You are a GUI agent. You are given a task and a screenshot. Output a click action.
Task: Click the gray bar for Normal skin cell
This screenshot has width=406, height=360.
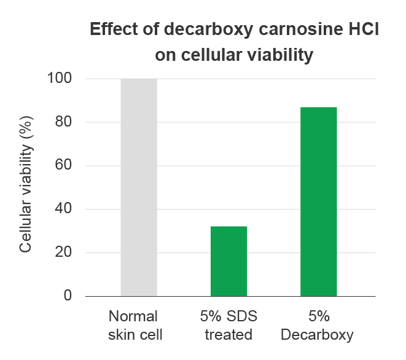click(x=139, y=187)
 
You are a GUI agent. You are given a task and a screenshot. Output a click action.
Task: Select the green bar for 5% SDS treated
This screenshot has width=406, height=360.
click(x=228, y=261)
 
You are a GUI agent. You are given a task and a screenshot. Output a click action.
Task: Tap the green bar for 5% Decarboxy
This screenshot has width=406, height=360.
click(x=319, y=202)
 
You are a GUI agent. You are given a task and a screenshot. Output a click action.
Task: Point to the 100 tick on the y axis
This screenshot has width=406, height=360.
click(x=60, y=78)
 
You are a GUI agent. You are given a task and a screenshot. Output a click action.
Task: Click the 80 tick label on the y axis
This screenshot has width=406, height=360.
click(x=63, y=122)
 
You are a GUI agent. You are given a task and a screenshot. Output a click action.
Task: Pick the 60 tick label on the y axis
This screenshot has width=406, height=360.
click(x=63, y=165)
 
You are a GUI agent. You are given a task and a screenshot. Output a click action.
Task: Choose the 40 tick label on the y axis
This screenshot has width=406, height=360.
click(x=63, y=208)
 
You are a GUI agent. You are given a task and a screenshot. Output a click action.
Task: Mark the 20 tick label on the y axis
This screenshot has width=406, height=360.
click(x=63, y=252)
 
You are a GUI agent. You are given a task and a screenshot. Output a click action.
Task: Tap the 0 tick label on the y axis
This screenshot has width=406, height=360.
click(x=68, y=295)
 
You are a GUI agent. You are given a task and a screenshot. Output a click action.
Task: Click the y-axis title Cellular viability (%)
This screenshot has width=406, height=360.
click(x=26, y=184)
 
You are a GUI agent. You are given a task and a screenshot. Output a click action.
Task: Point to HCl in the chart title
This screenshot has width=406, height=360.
click(x=364, y=29)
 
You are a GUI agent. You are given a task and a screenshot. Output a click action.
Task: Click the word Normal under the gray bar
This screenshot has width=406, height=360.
click(x=133, y=316)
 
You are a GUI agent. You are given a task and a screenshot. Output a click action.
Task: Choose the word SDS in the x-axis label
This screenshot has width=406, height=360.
click(x=241, y=316)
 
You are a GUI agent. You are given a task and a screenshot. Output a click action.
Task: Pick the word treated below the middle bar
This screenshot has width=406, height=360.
click(x=228, y=334)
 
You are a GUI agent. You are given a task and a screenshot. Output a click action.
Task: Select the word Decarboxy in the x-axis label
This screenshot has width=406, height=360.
click(x=317, y=335)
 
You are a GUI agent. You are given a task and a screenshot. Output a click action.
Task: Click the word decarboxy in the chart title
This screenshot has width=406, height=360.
click(x=208, y=29)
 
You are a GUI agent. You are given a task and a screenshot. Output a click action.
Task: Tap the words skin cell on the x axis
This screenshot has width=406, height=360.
click(x=135, y=334)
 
